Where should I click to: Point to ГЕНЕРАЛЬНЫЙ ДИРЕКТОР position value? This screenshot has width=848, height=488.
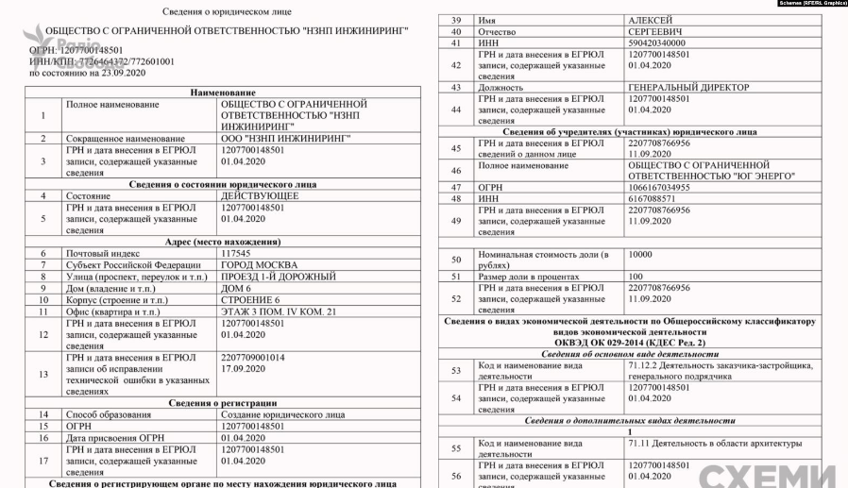(x=687, y=87)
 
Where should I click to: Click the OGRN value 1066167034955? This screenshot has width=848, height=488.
(x=661, y=187)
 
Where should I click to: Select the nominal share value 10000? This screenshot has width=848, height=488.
(x=642, y=254)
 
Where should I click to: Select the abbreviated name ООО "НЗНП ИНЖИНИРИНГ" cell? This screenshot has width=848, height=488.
(x=282, y=138)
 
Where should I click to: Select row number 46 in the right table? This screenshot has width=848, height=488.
(x=456, y=171)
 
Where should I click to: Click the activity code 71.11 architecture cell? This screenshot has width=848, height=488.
(x=715, y=444)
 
